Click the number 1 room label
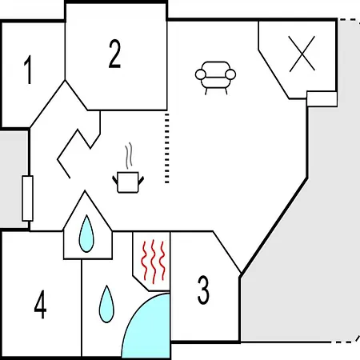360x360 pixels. click(29, 70)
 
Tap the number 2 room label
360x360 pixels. click(114, 54)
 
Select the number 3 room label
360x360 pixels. click(203, 290)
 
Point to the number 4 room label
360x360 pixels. click(40, 304)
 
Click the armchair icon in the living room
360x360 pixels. click(215, 78)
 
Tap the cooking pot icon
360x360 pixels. click(128, 182)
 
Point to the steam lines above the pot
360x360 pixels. click(129, 155)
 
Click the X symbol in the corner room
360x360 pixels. click(302, 54)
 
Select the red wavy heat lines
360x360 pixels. click(154, 262)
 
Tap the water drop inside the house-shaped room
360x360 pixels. click(86, 234)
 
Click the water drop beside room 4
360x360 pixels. click(106, 304)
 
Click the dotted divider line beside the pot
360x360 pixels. click(167, 148)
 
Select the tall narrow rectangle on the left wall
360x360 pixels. click(27, 198)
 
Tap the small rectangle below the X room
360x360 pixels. click(322, 98)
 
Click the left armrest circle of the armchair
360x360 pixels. click(201, 74)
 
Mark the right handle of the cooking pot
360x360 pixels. click(141, 180)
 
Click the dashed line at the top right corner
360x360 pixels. click(350, 20)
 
